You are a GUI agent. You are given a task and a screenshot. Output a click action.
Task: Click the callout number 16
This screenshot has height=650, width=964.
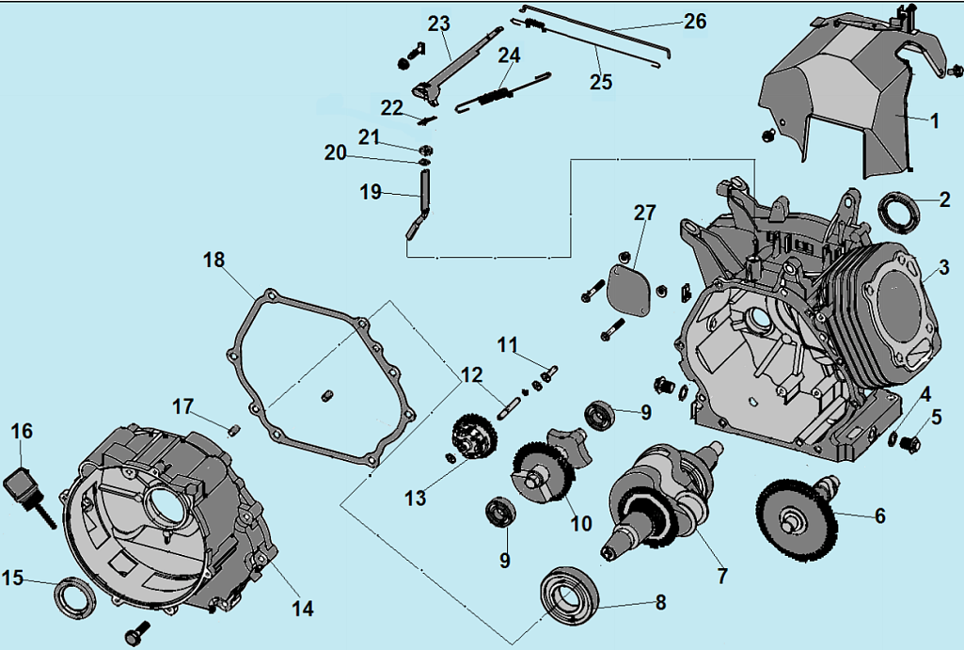pyautogui.click(x=21, y=431)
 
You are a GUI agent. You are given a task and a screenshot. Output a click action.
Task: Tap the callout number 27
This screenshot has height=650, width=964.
pyautogui.click(x=644, y=213)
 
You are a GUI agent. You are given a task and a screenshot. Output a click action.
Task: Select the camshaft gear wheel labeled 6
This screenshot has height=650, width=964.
pyautogui.click(x=796, y=519)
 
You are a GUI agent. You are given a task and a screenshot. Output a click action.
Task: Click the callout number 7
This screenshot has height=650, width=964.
pyautogui.click(x=721, y=573)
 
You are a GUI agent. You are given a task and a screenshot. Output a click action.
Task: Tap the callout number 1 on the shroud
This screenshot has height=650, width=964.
pyautogui.click(x=934, y=120)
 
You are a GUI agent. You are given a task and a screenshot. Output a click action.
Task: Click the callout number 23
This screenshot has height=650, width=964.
pyautogui.click(x=438, y=24)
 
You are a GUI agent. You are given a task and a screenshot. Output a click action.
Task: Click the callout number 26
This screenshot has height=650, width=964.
pyautogui.click(x=694, y=22)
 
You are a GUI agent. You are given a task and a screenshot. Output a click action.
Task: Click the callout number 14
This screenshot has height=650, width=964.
pyautogui.click(x=301, y=608)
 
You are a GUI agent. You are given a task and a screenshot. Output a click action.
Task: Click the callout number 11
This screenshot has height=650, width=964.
pyautogui.click(x=508, y=344)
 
